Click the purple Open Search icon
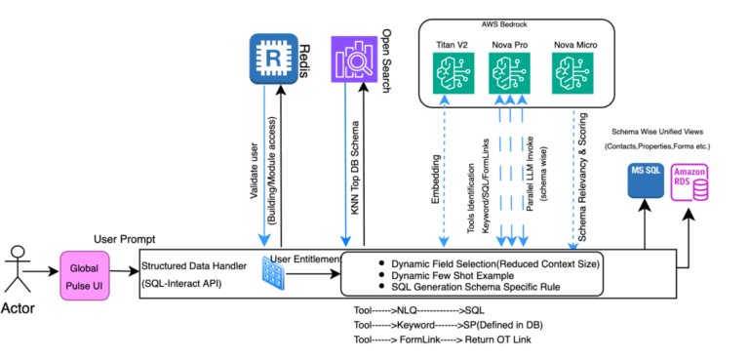(353, 60)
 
